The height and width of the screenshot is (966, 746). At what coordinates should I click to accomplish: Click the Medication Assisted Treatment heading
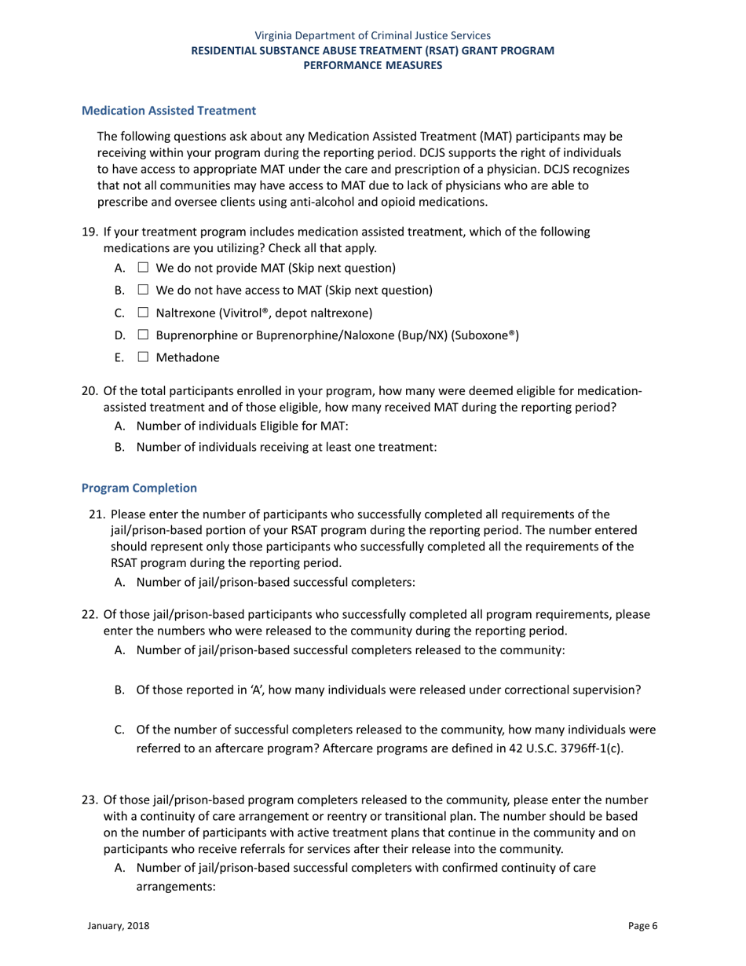169,111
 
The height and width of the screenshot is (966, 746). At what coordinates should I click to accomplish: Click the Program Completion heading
139,488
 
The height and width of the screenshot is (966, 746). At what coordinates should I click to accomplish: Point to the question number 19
89,232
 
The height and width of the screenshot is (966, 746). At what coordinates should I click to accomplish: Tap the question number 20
89,391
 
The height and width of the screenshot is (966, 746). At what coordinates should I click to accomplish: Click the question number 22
89,614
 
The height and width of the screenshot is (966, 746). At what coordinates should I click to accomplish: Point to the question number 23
89,800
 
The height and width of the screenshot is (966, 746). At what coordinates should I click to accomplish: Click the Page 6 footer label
642,926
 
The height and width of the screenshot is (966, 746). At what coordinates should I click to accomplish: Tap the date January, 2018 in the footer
118,926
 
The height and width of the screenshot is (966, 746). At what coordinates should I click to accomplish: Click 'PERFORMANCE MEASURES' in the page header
373,65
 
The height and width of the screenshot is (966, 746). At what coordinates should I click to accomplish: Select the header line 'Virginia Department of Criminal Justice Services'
373,35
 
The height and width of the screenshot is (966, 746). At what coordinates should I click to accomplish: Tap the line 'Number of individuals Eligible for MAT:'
242,425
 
